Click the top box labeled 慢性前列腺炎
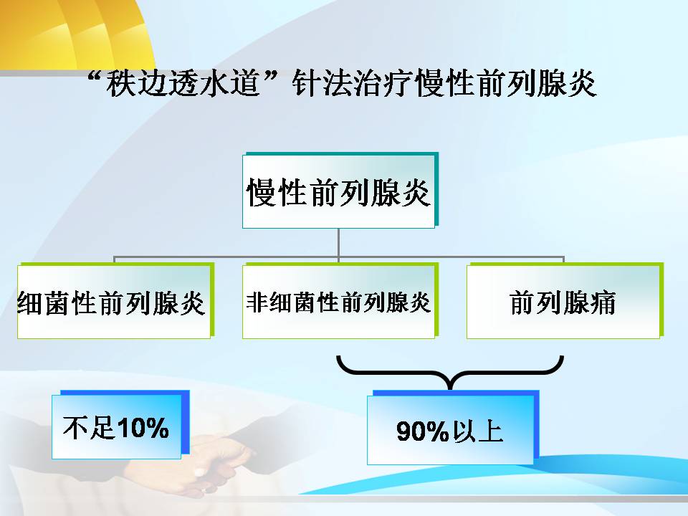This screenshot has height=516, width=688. (x=340, y=191)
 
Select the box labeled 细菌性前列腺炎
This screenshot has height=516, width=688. (x=115, y=300)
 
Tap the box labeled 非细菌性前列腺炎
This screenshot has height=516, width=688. (x=340, y=300)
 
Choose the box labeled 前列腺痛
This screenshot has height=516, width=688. (x=565, y=300)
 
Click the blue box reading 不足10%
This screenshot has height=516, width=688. (x=120, y=424)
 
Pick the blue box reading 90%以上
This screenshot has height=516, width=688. (x=453, y=427)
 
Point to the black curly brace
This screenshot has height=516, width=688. (x=450, y=373)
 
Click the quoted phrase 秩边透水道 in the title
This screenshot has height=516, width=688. (x=183, y=83)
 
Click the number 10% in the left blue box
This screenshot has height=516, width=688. (x=143, y=427)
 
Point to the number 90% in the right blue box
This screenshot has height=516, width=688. (x=423, y=431)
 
